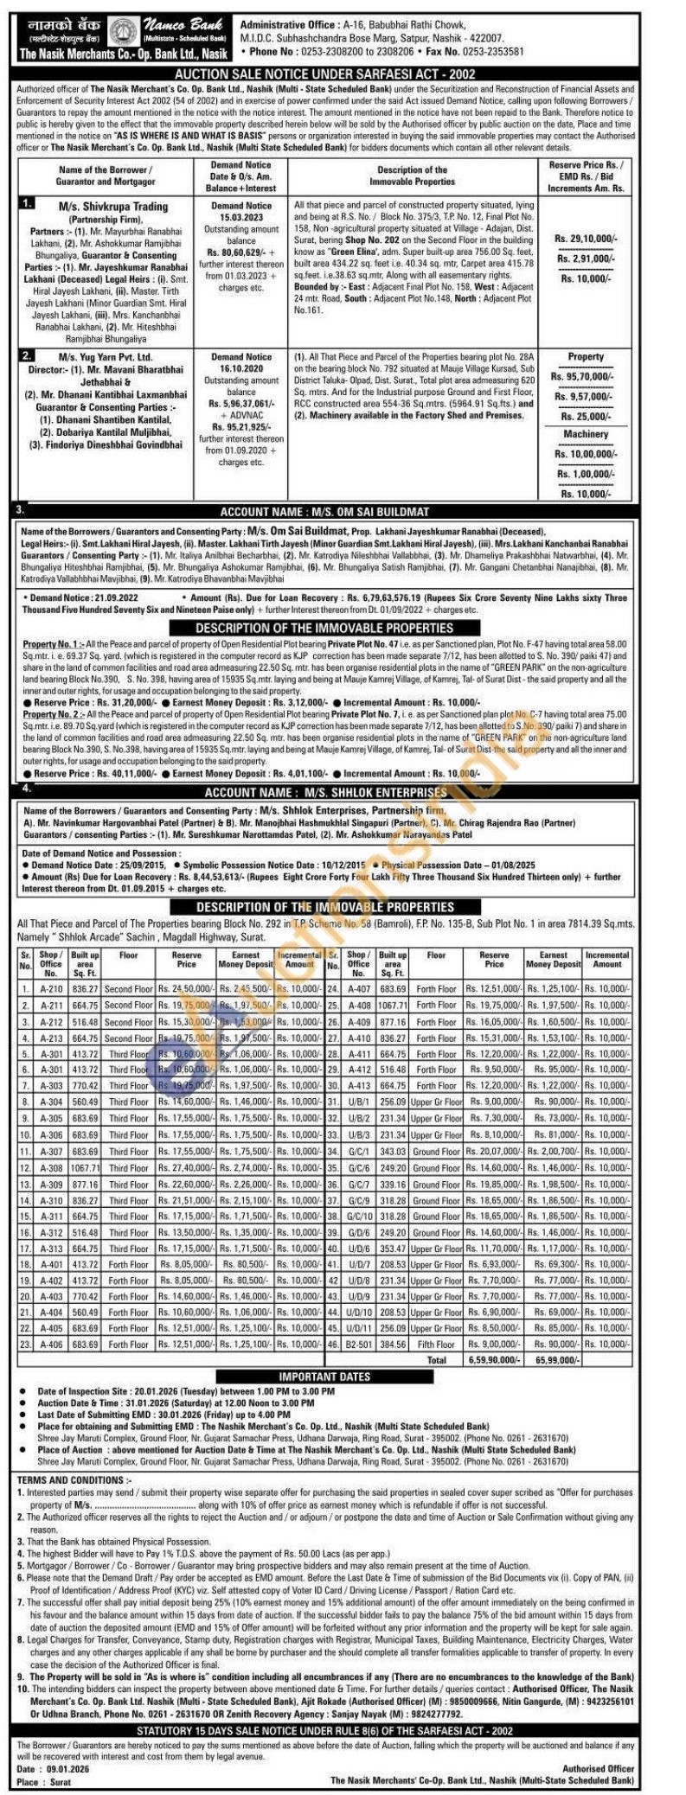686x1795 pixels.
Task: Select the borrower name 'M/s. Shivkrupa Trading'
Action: pos(113,207)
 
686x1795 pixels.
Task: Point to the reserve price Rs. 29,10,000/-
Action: pos(587,237)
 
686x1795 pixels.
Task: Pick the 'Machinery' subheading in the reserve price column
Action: pos(586,434)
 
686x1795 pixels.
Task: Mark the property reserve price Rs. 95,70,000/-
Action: pos(586,376)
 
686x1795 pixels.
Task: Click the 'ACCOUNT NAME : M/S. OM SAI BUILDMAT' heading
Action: pos(337,512)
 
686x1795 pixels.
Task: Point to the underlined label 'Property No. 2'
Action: pos(53,715)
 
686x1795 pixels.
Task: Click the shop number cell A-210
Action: pos(51,988)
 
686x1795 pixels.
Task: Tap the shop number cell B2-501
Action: pos(358,1345)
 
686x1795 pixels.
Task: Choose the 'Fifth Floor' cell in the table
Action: pos(436,1345)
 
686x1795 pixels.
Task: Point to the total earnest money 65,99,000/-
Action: pos(554,1360)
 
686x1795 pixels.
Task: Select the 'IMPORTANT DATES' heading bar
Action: pos(324,1377)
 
